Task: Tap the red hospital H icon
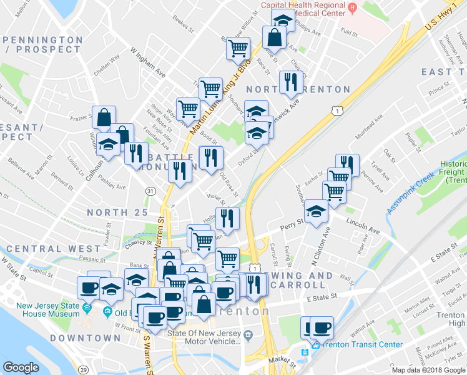click(x=353, y=8)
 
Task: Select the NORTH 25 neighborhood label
click(x=117, y=212)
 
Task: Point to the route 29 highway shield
click(x=83, y=369)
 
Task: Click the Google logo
click(x=21, y=367)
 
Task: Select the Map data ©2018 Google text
click(x=428, y=370)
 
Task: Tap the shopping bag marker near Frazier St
click(x=104, y=116)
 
